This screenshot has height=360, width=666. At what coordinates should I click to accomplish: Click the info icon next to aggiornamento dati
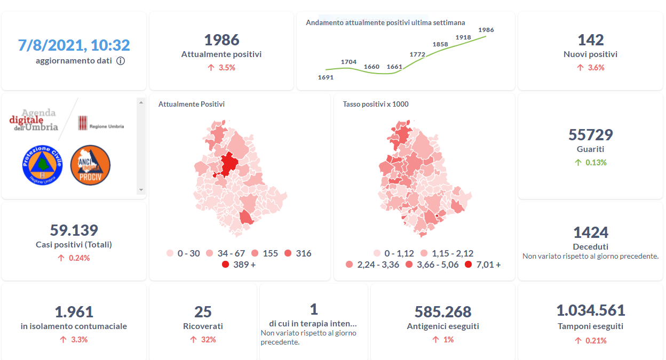[x=121, y=61]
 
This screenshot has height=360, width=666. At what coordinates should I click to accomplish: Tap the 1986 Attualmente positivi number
[x=221, y=40]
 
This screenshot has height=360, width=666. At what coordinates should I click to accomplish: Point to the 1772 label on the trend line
[x=417, y=54]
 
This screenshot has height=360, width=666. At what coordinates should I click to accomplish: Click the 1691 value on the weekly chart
[x=326, y=77]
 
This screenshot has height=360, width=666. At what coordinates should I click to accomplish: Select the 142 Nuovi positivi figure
[x=591, y=40]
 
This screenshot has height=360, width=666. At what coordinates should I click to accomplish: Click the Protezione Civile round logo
[x=42, y=165]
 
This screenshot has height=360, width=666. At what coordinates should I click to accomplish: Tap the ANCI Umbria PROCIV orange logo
[x=90, y=165]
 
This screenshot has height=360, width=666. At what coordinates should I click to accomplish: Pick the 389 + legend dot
[x=225, y=265]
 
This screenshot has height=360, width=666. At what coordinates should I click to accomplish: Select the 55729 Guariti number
[x=591, y=134]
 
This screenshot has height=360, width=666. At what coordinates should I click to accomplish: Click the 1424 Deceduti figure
[x=591, y=233]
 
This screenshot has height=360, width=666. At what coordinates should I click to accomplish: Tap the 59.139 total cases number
[x=74, y=230]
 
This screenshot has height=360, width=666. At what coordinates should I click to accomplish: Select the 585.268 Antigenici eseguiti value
[x=443, y=311]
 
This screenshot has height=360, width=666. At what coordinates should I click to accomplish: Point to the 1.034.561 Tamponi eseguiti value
[x=591, y=310]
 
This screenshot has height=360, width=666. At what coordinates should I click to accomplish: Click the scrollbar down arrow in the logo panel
[x=141, y=190]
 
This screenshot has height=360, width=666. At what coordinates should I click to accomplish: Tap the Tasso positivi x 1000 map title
[x=376, y=104]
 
